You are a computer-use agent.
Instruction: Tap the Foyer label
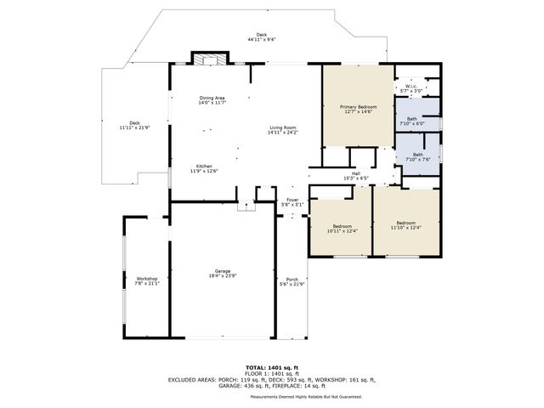292,201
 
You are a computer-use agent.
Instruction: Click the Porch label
292,280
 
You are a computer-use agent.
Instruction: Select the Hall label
356,175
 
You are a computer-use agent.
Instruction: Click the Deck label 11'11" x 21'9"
134,125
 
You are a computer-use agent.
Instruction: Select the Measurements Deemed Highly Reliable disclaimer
305,397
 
